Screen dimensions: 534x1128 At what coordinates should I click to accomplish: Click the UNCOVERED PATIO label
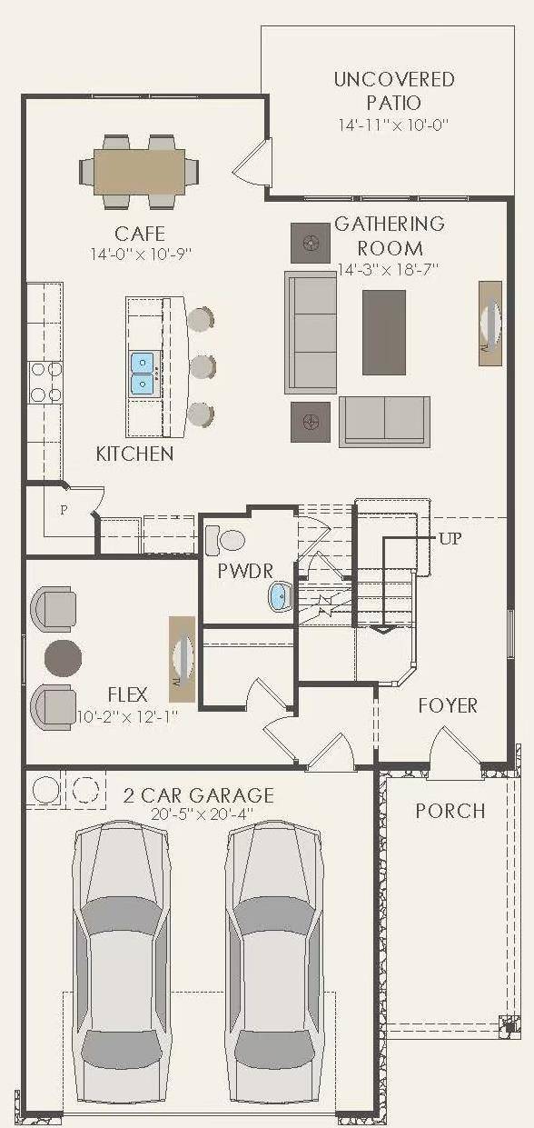click(394, 91)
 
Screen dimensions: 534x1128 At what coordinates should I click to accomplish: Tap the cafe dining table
click(139, 171)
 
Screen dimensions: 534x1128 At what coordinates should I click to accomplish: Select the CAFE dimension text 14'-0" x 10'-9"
click(142, 254)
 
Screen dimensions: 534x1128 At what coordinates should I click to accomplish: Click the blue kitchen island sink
click(143, 374)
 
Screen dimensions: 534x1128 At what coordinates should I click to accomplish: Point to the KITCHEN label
click(135, 454)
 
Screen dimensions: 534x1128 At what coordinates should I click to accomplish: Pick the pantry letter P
click(64, 510)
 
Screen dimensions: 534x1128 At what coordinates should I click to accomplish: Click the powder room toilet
click(225, 540)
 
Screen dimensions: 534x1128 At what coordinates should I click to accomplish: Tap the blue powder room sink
click(281, 596)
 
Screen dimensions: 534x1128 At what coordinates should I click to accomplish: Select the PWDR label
click(245, 571)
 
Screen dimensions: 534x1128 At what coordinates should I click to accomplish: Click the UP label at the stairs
click(450, 539)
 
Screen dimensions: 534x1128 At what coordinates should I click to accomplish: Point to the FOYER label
click(448, 705)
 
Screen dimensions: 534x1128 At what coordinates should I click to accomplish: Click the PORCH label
click(450, 811)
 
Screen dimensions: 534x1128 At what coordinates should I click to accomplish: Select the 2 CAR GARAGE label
click(199, 795)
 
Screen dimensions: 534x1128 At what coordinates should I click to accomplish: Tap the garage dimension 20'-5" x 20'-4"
click(202, 814)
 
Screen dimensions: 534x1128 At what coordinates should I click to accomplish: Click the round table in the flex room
click(63, 658)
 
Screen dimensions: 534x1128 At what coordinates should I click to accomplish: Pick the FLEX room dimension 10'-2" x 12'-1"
click(128, 716)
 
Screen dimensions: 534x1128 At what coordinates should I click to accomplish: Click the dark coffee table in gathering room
click(384, 333)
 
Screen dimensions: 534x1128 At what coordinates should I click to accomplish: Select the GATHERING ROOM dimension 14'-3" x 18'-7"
click(389, 270)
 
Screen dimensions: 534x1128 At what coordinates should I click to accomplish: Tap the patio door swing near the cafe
click(252, 161)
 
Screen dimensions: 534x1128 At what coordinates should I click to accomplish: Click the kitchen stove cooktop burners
click(45, 383)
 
